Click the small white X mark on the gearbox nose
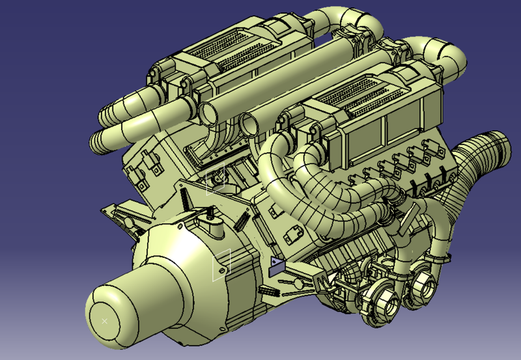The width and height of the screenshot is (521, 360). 105,320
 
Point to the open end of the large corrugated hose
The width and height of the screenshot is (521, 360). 496,141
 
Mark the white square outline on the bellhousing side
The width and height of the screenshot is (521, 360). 222,263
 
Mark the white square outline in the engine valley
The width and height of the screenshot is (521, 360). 216,184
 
